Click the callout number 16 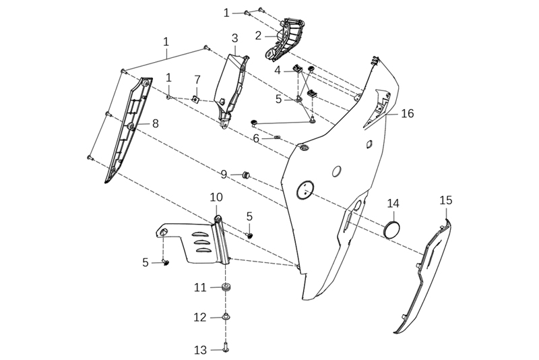(x=408, y=113)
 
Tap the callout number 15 (x=446, y=200)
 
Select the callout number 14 (x=393, y=204)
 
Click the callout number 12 (x=200, y=317)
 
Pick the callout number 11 (x=200, y=287)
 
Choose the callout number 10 (x=216, y=197)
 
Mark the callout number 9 (x=224, y=175)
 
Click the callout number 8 (x=155, y=123)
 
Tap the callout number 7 (x=197, y=80)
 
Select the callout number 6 (x=257, y=138)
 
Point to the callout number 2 (x=258, y=34)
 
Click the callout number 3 (x=234, y=38)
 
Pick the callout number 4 (x=278, y=69)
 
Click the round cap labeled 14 (x=393, y=228)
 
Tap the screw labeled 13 (x=225, y=349)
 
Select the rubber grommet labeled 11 (x=226, y=288)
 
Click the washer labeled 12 (x=226, y=317)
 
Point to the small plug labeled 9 (x=246, y=175)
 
